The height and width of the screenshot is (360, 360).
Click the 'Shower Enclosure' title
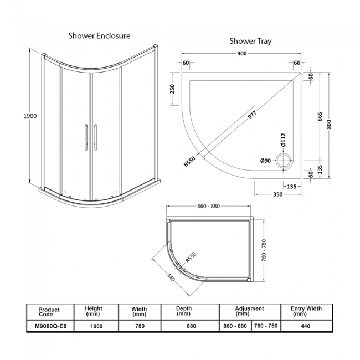(x=99, y=35)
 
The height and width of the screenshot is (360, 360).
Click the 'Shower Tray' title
(x=250, y=41)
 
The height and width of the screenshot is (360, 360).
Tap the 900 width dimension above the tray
(x=241, y=54)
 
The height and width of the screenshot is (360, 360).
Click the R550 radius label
(x=190, y=161)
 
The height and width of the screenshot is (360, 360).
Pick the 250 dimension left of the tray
(x=172, y=89)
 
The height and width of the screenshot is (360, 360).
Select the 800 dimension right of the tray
(x=330, y=125)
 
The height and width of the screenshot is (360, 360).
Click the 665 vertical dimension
(x=320, y=120)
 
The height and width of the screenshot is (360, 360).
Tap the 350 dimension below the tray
(x=277, y=194)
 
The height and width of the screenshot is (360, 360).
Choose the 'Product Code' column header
(x=50, y=311)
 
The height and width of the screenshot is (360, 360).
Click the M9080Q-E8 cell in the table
(x=50, y=326)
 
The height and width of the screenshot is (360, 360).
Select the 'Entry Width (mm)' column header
(x=306, y=311)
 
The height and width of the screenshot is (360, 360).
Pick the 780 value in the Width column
(x=139, y=326)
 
